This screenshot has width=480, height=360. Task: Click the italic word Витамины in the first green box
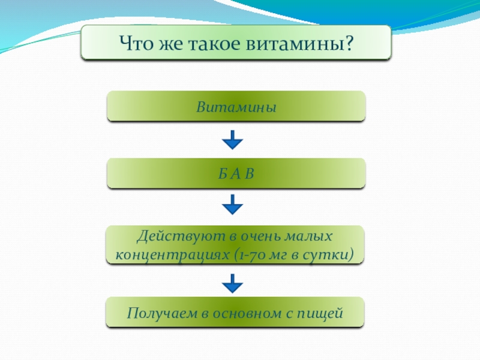tap(236, 108)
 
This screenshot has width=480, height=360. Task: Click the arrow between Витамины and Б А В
tap(232, 141)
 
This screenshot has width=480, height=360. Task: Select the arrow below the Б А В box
tap(232, 208)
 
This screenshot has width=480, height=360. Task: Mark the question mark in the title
tap(348, 43)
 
